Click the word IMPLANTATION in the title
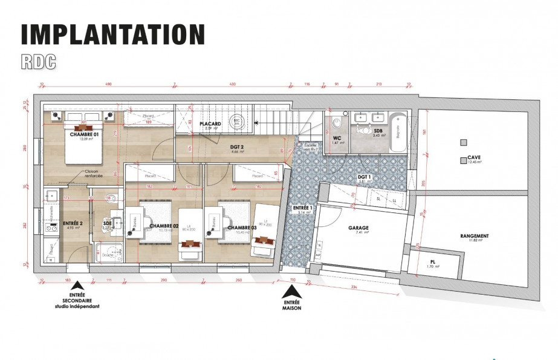[113, 34]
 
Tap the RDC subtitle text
[39, 61]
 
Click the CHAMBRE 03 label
[241, 227]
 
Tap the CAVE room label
[475, 159]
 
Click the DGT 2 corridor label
[220, 147]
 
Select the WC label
[337, 138]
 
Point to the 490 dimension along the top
[109, 85]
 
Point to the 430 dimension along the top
[233, 85]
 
